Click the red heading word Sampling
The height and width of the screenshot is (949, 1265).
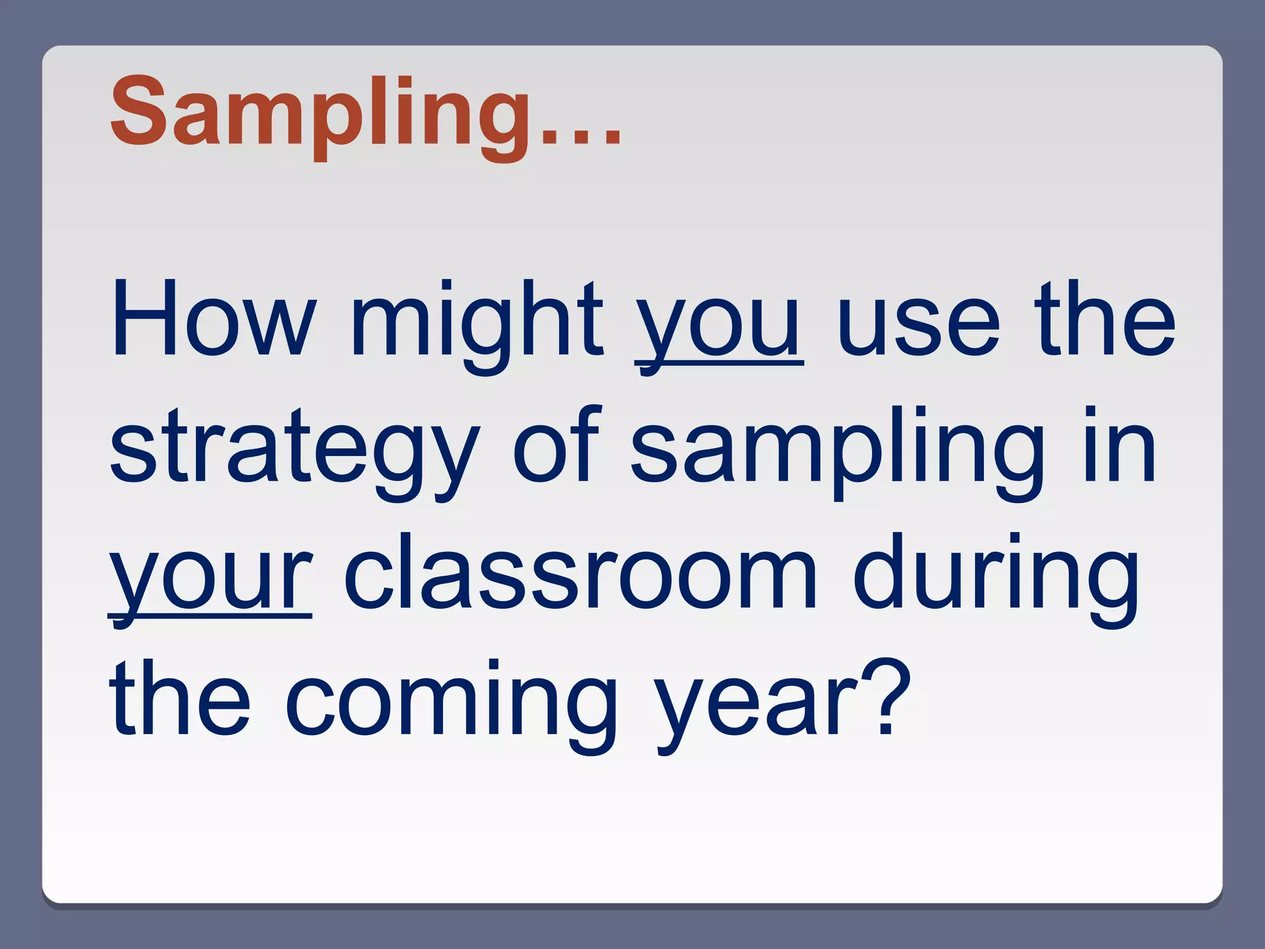point(320,114)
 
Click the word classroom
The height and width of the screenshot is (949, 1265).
point(581,572)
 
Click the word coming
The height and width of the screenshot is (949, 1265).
point(450,704)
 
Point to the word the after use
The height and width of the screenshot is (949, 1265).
point(1106,320)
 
